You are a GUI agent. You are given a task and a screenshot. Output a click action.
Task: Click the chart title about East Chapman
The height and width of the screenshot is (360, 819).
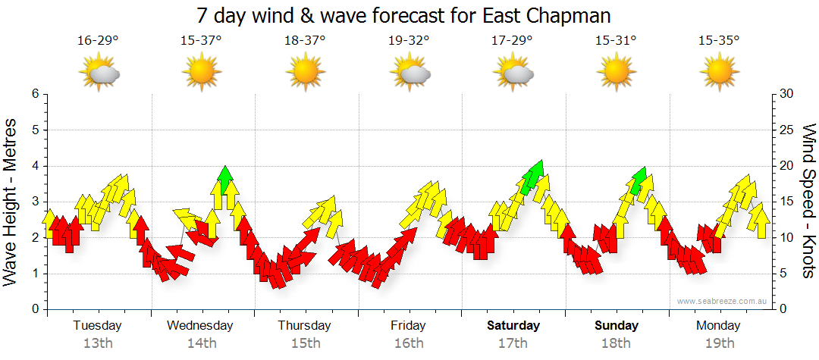pos(403,16)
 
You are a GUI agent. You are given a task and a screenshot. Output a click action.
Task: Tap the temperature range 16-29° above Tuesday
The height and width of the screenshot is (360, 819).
pos(98,41)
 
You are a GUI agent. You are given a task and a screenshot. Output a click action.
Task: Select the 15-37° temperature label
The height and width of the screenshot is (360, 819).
pos(201,41)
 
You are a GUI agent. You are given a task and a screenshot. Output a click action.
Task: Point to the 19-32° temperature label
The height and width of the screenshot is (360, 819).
pos(409,41)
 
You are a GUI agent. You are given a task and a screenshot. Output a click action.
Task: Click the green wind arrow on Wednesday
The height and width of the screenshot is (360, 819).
pos(224,179)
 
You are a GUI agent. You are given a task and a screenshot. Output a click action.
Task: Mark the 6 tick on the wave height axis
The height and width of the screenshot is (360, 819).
pos(34,94)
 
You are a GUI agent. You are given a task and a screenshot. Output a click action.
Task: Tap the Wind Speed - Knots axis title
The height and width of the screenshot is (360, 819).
pos(808,202)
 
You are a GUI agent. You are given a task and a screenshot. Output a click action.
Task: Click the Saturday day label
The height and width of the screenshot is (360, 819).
pos(513,326)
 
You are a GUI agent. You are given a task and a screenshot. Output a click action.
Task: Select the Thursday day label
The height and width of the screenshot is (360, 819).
pos(304,326)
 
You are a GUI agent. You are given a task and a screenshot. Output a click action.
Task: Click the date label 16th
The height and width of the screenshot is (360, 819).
pos(409,343)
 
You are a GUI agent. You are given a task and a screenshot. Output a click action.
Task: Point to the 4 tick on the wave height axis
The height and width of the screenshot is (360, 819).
pos(34,166)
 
